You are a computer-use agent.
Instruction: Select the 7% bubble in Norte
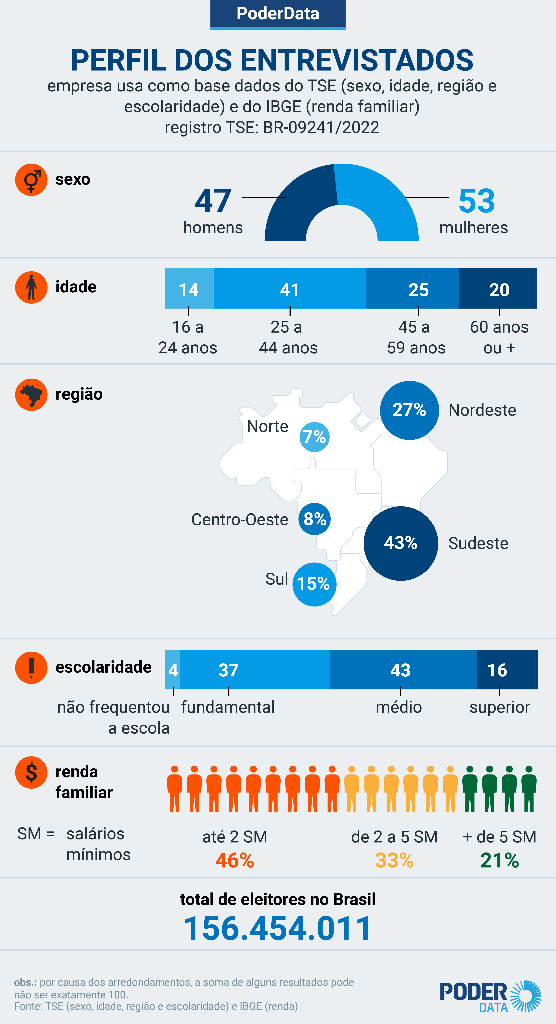pyautogui.click(x=314, y=437)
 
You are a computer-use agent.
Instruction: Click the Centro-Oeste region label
pyautogui.click(x=239, y=520)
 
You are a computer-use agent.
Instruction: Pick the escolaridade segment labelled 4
pyautogui.click(x=173, y=670)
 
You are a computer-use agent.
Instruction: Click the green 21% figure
pyautogui.click(x=499, y=861)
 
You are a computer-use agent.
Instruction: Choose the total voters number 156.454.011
pyautogui.click(x=278, y=929)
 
